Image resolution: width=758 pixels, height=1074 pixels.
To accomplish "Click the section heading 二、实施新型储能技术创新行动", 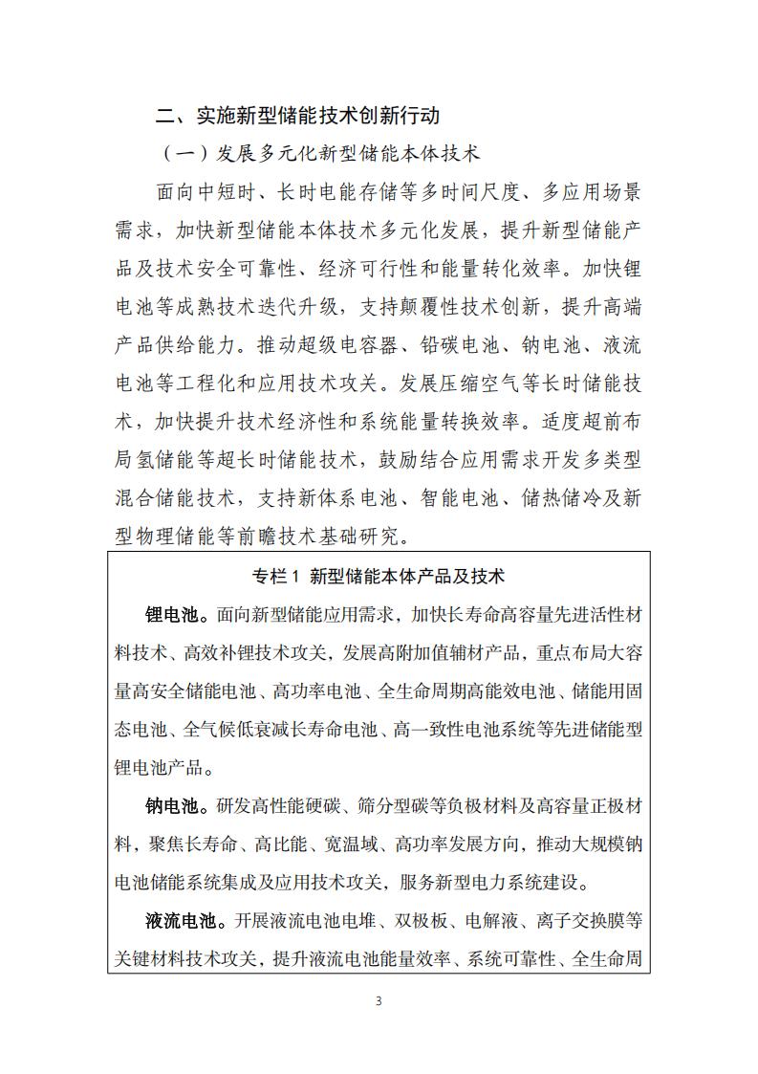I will click(x=298, y=116).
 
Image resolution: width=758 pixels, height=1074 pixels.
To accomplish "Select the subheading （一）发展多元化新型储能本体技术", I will click(x=321, y=153).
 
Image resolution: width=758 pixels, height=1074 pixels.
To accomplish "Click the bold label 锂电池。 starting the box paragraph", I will click(x=176, y=613).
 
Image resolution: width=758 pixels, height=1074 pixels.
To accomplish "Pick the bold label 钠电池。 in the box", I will click(x=176, y=806).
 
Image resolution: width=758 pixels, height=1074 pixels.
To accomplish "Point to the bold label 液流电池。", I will click(x=185, y=921).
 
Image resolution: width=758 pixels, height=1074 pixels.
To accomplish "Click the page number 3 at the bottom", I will click(x=379, y=1001).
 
